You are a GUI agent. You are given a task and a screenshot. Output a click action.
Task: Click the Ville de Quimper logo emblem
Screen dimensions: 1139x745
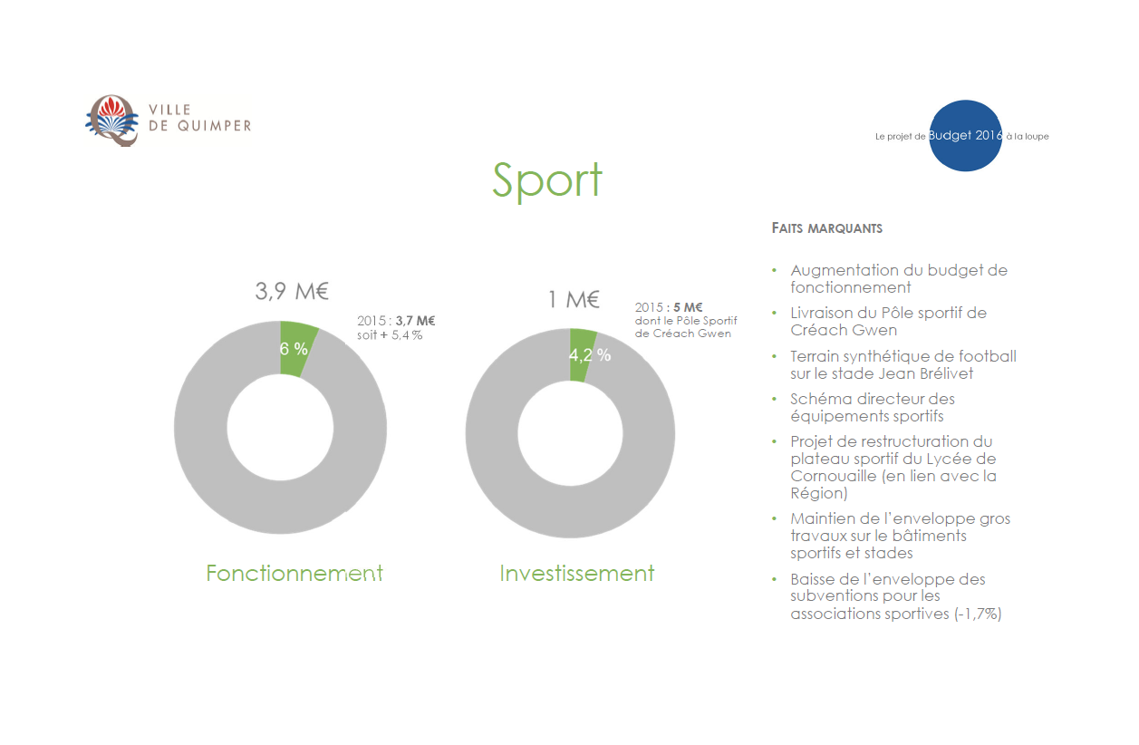111,121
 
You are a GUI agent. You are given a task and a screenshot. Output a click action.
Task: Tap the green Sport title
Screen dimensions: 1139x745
547,181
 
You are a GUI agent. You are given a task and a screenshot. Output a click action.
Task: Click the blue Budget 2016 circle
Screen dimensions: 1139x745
965,136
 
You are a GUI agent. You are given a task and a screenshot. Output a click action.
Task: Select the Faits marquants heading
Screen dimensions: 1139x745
826,227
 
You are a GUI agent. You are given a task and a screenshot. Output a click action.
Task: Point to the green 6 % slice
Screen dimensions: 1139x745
296,349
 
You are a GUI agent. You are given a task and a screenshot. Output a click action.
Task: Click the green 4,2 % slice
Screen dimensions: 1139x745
581,355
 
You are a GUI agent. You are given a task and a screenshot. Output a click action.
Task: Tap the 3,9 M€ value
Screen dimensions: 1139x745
292,292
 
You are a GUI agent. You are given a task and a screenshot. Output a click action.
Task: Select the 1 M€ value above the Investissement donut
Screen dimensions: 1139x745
574,299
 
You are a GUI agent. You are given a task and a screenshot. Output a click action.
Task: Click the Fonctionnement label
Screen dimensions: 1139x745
294,573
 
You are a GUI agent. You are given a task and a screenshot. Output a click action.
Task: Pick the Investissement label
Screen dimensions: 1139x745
576,573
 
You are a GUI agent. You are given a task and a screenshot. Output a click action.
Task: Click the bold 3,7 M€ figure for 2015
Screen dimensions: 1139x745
415,321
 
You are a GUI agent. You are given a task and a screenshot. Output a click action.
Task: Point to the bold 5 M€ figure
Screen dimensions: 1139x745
688,307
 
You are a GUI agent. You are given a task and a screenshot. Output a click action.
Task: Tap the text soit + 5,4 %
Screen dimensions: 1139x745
390,335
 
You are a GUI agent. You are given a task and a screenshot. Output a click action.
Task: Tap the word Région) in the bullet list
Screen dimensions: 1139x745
818,493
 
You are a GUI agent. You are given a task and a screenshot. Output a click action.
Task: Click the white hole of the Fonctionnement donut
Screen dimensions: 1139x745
280,428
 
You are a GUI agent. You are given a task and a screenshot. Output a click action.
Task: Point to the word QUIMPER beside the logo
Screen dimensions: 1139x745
214,126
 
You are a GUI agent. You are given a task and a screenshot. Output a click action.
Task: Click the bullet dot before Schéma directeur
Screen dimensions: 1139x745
775,399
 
